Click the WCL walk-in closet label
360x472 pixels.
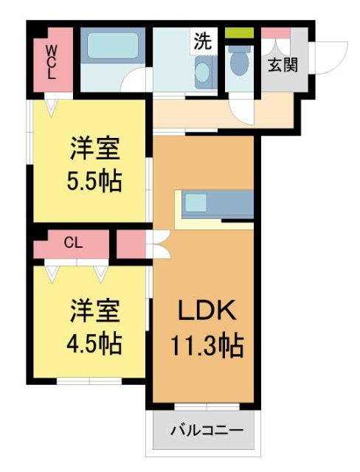[x=52, y=62]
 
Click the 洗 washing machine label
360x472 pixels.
[x=202, y=42]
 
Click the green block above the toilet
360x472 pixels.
[x=239, y=33]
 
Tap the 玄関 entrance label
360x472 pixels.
[x=283, y=65]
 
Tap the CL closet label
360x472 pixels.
[x=72, y=241]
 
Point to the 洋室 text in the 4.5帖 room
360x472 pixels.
[x=94, y=311]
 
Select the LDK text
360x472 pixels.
[x=206, y=312]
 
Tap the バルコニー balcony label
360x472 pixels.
[x=207, y=429]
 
